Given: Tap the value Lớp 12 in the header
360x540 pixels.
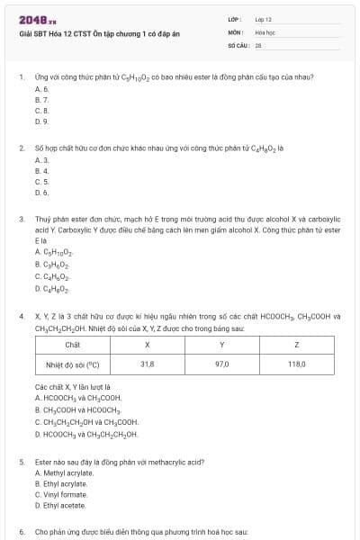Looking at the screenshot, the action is [263, 19].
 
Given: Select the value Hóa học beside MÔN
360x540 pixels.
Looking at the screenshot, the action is [264, 31].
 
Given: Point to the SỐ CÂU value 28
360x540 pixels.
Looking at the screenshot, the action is [258, 43].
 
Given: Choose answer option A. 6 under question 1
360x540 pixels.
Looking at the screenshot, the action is [41, 90].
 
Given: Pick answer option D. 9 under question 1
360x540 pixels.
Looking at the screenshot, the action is [41, 121].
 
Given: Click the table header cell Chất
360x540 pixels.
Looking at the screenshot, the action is [73, 345].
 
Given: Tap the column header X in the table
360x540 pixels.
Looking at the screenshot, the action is [147, 345].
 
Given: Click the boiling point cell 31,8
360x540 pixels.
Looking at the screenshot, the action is [147, 365].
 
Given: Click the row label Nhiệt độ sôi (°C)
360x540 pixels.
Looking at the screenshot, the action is [73, 365].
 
